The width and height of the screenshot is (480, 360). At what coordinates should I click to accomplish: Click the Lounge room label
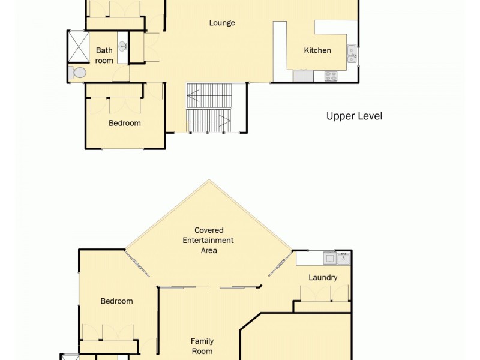click(x=222, y=23)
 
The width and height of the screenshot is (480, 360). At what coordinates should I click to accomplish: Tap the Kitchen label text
click(x=317, y=50)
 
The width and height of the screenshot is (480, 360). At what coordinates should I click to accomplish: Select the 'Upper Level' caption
click(x=354, y=116)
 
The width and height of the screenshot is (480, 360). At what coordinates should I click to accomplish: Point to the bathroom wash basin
click(x=122, y=46)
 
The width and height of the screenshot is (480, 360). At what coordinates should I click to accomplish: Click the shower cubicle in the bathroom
click(x=77, y=46)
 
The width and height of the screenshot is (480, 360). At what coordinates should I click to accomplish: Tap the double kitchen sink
click(x=352, y=54)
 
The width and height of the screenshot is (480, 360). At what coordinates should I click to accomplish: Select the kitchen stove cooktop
click(x=331, y=76)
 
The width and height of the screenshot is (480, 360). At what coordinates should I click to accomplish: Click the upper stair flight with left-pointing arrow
click(x=209, y=95)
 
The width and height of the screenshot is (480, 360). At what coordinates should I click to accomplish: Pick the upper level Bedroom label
click(x=125, y=123)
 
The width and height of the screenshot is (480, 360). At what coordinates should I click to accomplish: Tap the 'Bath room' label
click(x=104, y=55)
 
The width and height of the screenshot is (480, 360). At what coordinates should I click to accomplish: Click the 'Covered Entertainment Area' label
click(x=209, y=240)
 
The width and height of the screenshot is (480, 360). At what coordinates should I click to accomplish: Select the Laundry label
click(x=323, y=277)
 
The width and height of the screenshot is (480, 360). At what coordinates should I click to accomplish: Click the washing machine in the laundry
click(x=329, y=258)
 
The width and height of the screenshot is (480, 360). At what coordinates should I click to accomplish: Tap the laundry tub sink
click(x=343, y=258)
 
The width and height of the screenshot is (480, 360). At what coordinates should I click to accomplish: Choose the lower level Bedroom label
click(x=116, y=301)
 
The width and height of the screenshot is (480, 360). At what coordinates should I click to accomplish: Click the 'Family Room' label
click(x=202, y=346)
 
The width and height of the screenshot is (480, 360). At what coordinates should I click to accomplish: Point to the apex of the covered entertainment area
click(x=209, y=180)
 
